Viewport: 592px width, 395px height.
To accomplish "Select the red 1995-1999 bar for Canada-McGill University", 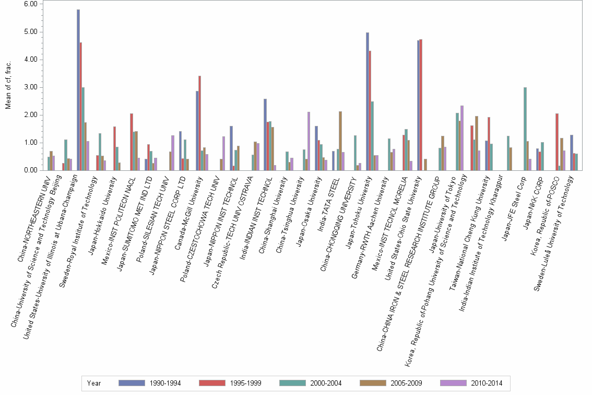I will pos(199,123).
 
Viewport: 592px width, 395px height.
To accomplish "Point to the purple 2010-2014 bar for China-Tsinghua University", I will pos(309,141).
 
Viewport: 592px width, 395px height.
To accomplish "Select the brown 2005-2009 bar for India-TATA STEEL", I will pos(340,141).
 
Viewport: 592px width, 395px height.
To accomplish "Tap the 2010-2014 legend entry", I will pos(472,383).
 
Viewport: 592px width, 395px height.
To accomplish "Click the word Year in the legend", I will pos(94,383).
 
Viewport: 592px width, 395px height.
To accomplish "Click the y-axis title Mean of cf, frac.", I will pos(8,87).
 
